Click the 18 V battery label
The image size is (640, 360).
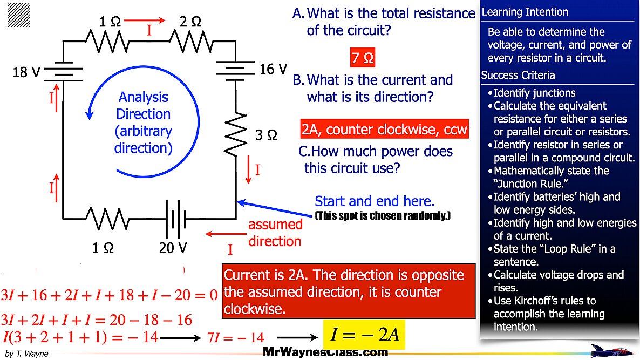click(x=26, y=72)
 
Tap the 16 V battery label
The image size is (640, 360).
click(x=273, y=69)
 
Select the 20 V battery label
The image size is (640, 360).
click(x=173, y=248)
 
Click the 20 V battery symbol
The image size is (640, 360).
click(x=176, y=219)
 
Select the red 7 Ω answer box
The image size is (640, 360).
click(x=363, y=58)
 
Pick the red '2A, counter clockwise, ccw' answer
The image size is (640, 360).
click(x=384, y=130)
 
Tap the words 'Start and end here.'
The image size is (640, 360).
click(x=375, y=201)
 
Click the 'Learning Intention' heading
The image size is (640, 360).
click(x=518, y=12)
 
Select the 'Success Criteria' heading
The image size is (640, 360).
click(x=510, y=75)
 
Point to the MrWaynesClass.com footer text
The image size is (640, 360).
click(x=325, y=352)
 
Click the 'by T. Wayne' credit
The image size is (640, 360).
click(x=26, y=354)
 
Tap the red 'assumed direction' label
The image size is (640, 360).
click(x=275, y=233)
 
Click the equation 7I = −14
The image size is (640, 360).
click(x=236, y=338)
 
